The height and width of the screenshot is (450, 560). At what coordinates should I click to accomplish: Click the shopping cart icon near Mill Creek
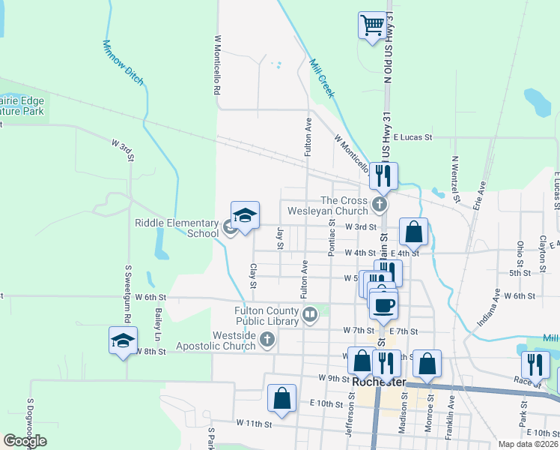point(372,26)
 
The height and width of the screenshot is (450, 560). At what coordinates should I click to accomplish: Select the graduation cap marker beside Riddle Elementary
point(245,216)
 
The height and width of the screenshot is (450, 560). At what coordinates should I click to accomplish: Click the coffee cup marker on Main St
point(384,304)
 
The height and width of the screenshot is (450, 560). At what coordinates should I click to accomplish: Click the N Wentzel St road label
point(454,173)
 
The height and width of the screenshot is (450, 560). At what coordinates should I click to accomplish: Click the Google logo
point(25,441)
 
